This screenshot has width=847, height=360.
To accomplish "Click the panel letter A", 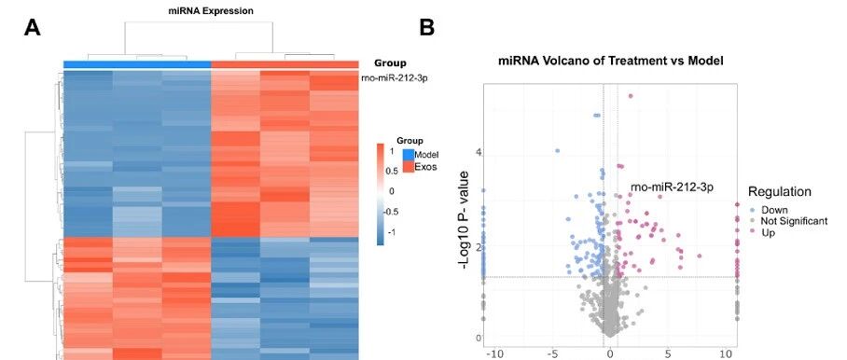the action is pos(33,28).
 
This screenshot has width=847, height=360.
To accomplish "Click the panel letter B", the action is pos(426,28).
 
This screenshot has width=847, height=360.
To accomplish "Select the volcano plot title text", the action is pos(610,61).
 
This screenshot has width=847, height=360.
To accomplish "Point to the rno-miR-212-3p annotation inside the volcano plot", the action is pos(672,187).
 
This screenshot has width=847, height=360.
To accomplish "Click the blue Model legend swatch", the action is pos(409,155).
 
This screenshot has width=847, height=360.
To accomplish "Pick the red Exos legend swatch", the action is pos(409,166).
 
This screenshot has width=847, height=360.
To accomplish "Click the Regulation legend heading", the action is pos(780,191).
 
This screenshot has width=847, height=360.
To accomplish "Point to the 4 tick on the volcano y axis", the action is pos(479,153).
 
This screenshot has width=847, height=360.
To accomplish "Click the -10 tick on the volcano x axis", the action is pos(494,354).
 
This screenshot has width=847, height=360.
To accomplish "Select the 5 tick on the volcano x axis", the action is pos(668,354).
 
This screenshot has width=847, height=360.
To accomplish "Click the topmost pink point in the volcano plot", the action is pos(630,96).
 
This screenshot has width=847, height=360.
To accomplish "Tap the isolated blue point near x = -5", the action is pos(558,150).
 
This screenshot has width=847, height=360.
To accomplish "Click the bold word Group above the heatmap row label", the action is pos(391,63).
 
